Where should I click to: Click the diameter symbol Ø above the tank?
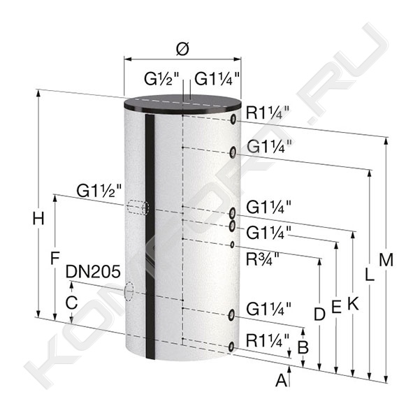(x=183, y=49)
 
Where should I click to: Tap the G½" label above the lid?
(x=161, y=79)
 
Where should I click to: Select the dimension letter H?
(x=38, y=219)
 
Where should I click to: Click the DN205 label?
(x=93, y=272)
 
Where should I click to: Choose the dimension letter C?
(x=71, y=303)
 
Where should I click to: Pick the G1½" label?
(x=99, y=191)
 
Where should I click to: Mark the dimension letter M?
(x=386, y=260)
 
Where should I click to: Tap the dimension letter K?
(x=353, y=303)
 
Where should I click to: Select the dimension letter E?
(x=336, y=306)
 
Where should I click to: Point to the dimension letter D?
(x=319, y=314)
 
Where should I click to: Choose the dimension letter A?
(x=282, y=380)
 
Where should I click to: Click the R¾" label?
(x=262, y=259)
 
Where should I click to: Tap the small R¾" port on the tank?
(x=232, y=245)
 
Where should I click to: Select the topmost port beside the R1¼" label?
(x=233, y=119)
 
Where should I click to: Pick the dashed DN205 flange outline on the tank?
(x=129, y=291)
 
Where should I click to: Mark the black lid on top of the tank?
(x=182, y=104)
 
